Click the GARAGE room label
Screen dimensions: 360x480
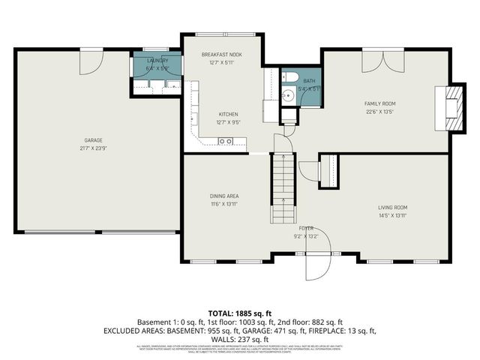pos(93,140)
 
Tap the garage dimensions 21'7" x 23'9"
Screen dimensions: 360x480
pos(93,148)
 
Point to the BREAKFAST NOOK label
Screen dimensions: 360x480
pos(221,55)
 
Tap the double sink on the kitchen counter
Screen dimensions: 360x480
pos(224,141)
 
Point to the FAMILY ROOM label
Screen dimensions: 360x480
pos(380,103)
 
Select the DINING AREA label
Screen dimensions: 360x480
pos(223,196)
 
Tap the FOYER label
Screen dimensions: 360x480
pos(306,227)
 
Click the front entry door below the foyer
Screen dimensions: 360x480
pos(315,268)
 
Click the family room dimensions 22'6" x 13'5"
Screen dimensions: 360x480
pos(380,111)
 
